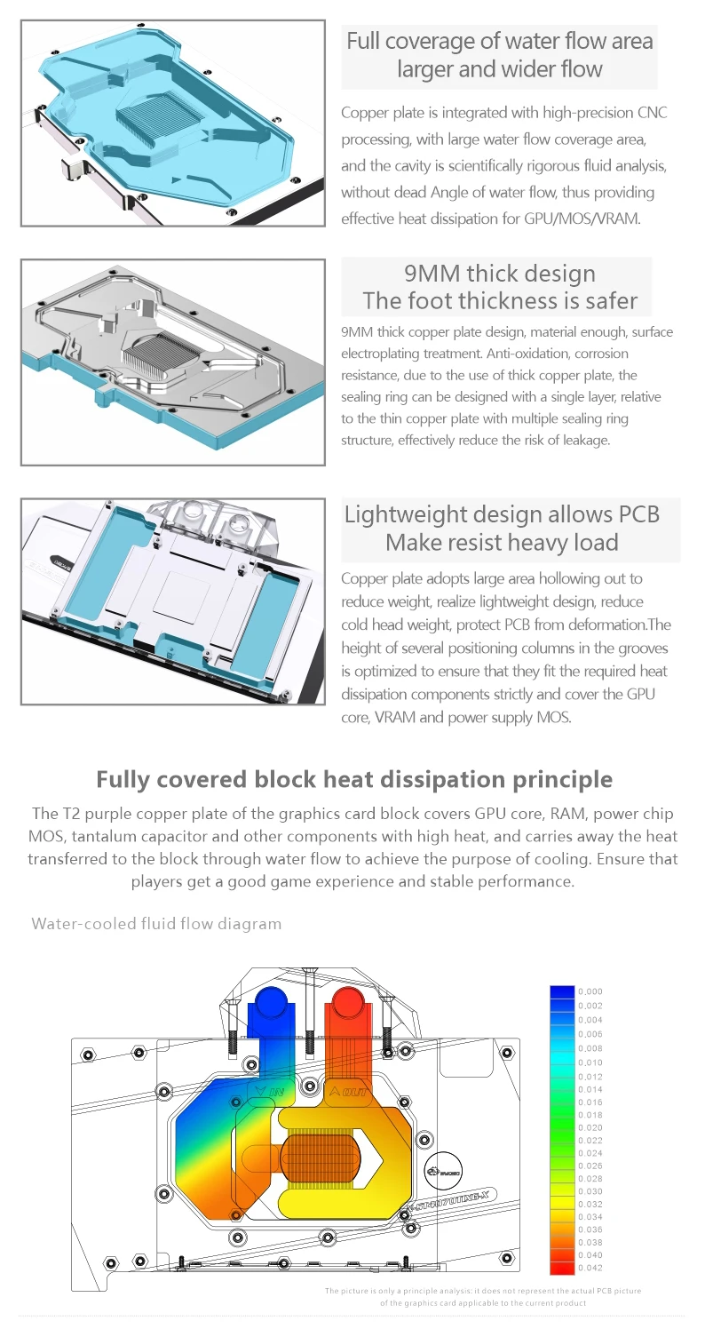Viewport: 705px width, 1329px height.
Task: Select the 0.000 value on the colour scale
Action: click(x=590, y=991)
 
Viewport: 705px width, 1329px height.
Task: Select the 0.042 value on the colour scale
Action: click(x=590, y=1268)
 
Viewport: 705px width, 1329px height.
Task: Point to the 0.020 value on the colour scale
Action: click(x=590, y=1127)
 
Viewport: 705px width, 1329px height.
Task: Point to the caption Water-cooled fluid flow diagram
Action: click(x=156, y=924)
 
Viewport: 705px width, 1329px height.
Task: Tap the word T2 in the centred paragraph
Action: click(x=74, y=814)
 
